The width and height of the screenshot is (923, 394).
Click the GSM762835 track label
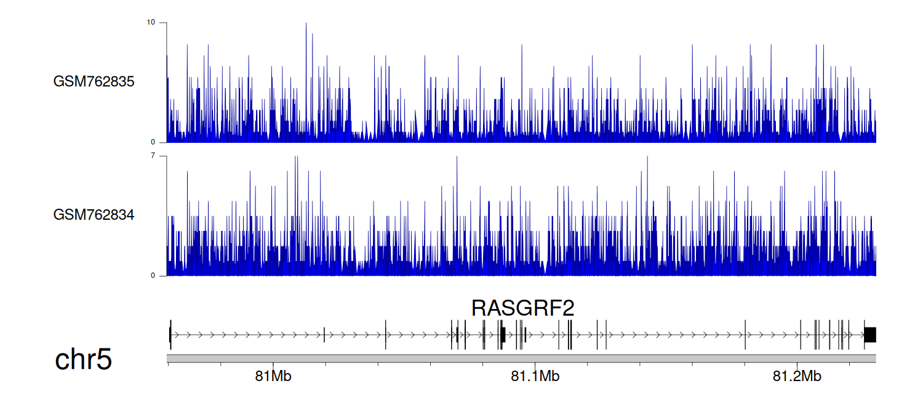pyautogui.click(x=94, y=82)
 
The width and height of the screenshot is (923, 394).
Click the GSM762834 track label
pyautogui.click(x=94, y=215)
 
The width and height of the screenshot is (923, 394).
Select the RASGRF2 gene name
pyautogui.click(x=522, y=308)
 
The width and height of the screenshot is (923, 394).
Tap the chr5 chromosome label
pyautogui.click(x=83, y=359)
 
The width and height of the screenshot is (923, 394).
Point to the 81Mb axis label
pyautogui.click(x=273, y=376)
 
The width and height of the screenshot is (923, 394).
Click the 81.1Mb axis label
pyautogui.click(x=535, y=376)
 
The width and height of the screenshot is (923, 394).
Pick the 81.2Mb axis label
pyautogui.click(x=797, y=376)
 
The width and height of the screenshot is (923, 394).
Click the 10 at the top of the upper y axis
pyautogui.click(x=151, y=22)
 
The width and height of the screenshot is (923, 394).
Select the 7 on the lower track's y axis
pyautogui.click(x=153, y=156)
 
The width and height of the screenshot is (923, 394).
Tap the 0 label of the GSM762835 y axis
pyautogui.click(x=153, y=142)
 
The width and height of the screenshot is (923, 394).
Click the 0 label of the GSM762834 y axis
pyautogui.click(x=153, y=276)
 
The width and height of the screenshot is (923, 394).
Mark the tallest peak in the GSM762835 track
pyautogui.click(x=306, y=23)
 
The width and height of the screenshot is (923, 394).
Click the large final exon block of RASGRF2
pyautogui.click(x=870, y=335)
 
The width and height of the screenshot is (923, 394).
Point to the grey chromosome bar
pyautogui.click(x=521, y=358)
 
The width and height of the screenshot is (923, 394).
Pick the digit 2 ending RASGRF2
pyautogui.click(x=568, y=308)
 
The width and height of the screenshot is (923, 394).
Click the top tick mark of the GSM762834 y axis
pyautogui.click(x=163, y=156)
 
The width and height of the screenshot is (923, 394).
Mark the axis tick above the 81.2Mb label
pyautogui.click(x=797, y=364)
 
